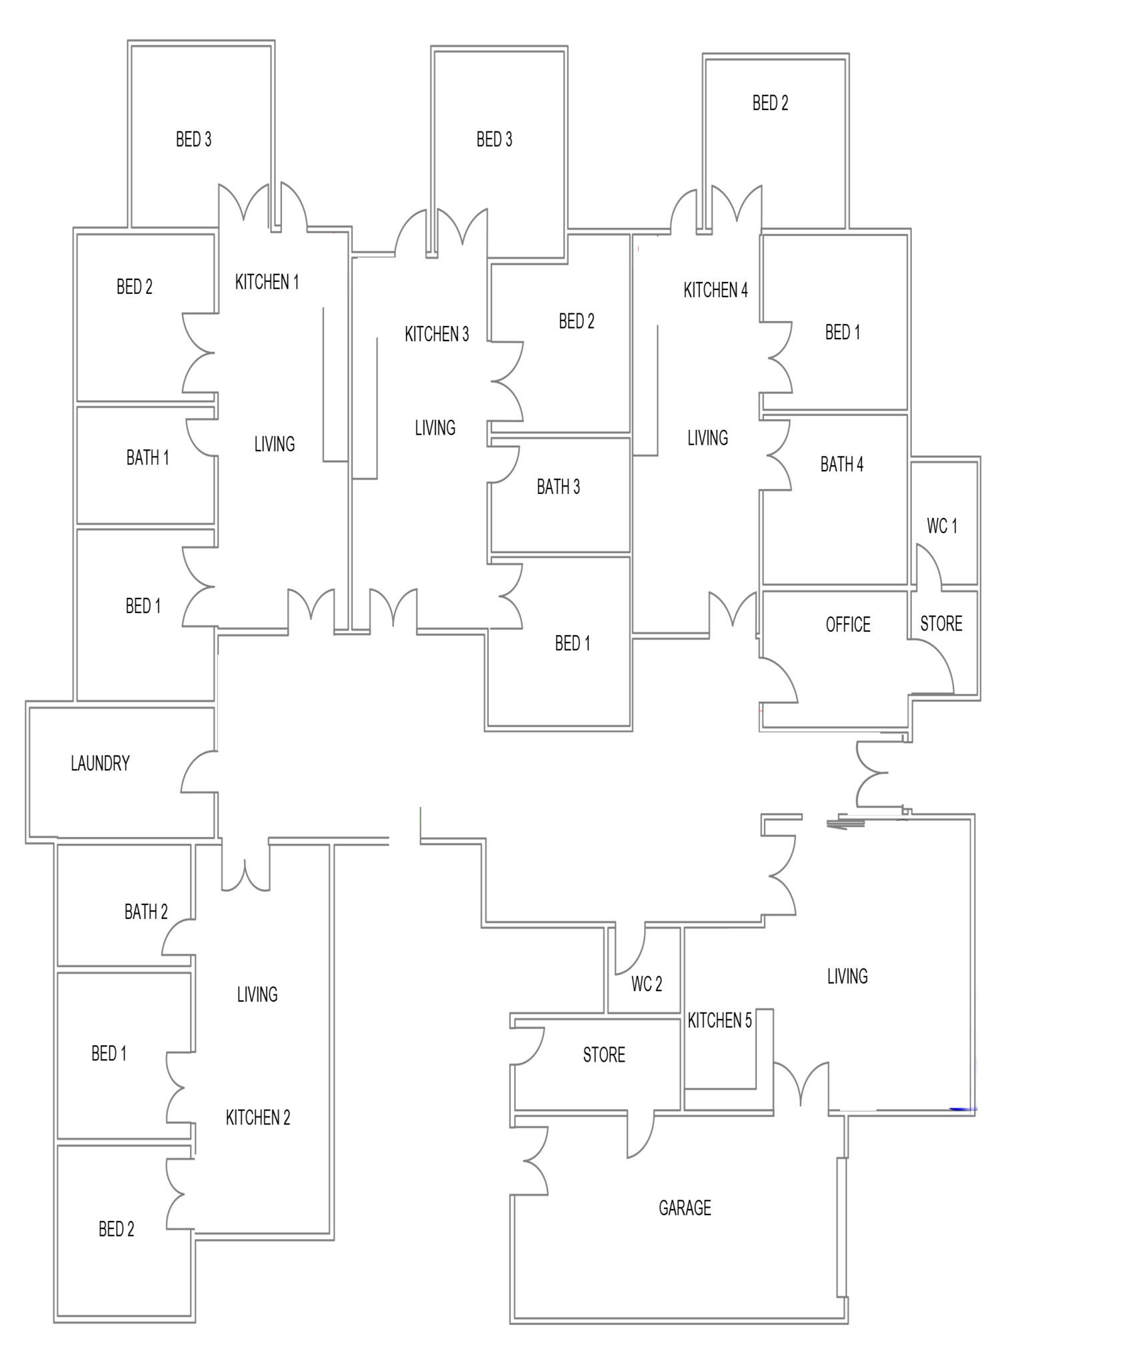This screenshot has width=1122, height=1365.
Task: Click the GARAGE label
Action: pos(684,1208)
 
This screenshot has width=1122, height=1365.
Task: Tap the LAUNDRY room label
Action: pos(100,763)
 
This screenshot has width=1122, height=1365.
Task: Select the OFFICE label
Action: pos(847,625)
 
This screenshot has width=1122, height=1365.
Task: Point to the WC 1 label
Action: pos(942,526)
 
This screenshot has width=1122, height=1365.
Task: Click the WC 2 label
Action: pos(646,984)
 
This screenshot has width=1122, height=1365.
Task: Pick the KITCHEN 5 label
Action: pos(719,1020)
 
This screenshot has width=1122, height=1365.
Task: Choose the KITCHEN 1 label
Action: pos(267,282)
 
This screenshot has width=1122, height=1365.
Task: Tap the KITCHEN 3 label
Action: pos(437,334)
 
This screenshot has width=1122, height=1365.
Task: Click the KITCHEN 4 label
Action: pos(715,290)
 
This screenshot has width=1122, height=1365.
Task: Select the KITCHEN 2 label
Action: pos(258,1118)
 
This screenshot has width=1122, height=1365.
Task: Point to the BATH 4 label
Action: pos(841,465)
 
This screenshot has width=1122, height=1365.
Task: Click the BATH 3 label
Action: pos(558,487)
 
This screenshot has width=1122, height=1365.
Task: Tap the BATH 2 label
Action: pos(146,912)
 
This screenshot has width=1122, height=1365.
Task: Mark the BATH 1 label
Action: pos(147,458)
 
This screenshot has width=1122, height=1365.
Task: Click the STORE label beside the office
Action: pos(941,624)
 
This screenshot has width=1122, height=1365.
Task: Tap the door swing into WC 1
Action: pos(928,567)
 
